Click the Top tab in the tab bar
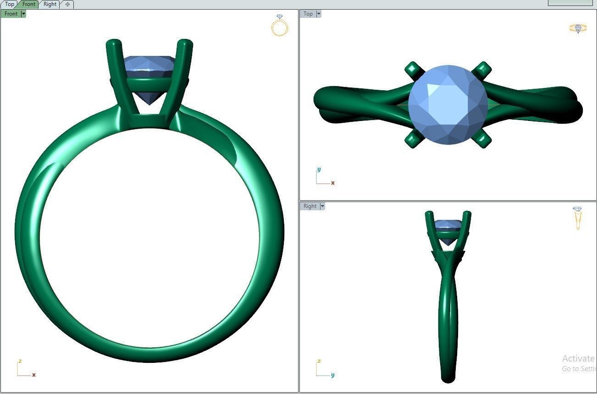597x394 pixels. tap(9, 4)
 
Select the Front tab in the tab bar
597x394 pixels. tap(28, 4)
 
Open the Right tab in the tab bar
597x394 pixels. tap(50, 4)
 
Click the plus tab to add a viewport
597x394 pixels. tap(67, 4)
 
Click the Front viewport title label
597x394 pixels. tap(11, 14)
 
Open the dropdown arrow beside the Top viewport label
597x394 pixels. tap(319, 14)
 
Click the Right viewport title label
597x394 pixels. tap(310, 206)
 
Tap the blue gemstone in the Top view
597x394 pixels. tap(448, 104)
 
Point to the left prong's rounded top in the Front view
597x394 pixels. tap(113, 44)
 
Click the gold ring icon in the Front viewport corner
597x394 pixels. tap(280, 26)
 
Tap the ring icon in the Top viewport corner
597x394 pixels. tap(578, 28)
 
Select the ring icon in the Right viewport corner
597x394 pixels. tap(577, 218)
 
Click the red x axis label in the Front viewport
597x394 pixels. tap(34, 375)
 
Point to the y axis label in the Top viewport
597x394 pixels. tap(319, 170)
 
